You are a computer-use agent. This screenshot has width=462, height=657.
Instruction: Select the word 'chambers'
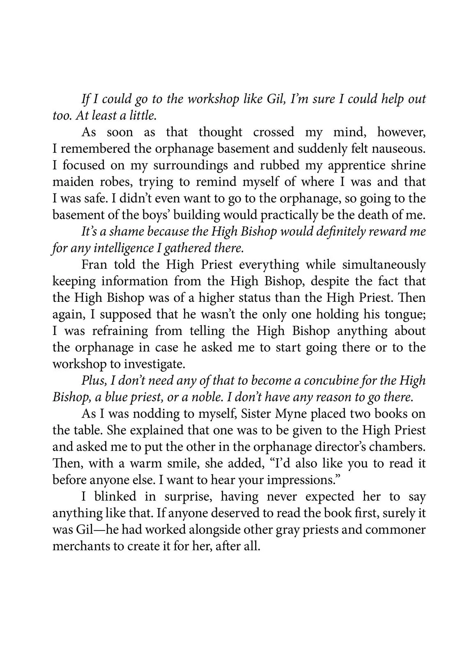tap(398, 447)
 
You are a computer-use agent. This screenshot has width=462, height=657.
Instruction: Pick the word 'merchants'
tap(78, 547)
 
